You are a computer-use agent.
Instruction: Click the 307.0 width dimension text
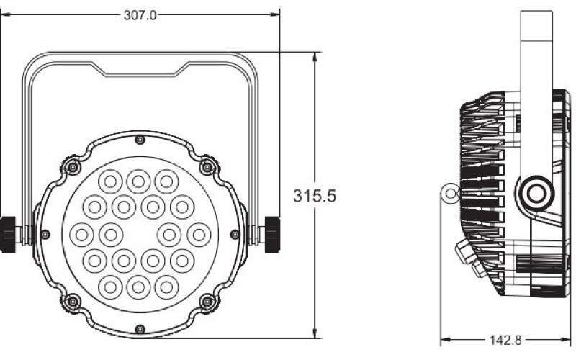tap(140, 15)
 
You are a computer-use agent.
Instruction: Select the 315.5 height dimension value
tap(315, 195)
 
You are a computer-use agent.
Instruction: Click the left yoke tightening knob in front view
tap(8, 233)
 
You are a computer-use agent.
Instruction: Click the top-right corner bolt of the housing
tap(207, 168)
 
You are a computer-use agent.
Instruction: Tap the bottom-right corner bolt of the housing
tap(207, 300)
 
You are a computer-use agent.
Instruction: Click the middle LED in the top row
tap(138, 179)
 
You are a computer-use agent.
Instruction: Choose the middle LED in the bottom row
tap(138, 285)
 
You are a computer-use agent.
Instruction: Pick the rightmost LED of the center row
tap(197, 233)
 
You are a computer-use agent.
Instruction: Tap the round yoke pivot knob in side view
tap(535, 194)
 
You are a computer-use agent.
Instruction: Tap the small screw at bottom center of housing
tap(140, 329)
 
